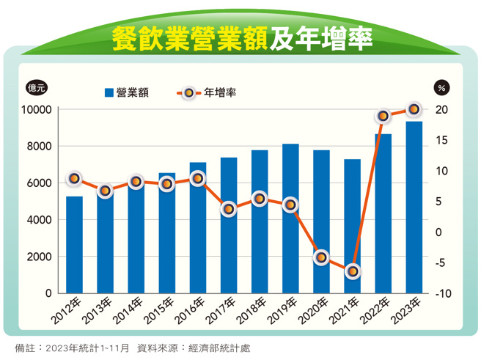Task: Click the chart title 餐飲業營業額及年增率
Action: point(241,38)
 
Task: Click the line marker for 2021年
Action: point(352,271)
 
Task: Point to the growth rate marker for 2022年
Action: point(383,116)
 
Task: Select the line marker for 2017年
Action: point(229,209)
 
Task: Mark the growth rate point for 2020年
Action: point(321,257)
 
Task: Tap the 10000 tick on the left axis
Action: point(34,109)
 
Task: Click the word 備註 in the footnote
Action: point(24,347)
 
